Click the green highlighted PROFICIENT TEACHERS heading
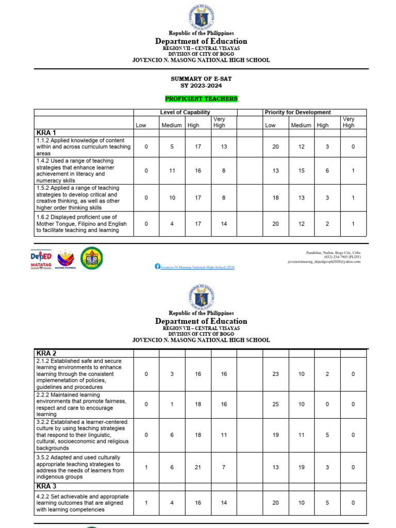[x=201, y=98]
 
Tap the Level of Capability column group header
[x=185, y=112]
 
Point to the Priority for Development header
[x=298, y=112]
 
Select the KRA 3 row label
[x=46, y=486]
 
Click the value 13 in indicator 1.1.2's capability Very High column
[x=224, y=147]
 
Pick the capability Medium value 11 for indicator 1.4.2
[x=172, y=171]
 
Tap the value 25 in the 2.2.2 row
[x=275, y=404]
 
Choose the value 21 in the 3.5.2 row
[x=198, y=467]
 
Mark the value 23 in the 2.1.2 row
[x=275, y=374]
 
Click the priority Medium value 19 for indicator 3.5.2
[x=301, y=467]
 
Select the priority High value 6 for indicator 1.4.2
[x=327, y=171]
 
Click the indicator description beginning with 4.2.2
[x=82, y=503]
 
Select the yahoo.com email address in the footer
[x=324, y=261]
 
